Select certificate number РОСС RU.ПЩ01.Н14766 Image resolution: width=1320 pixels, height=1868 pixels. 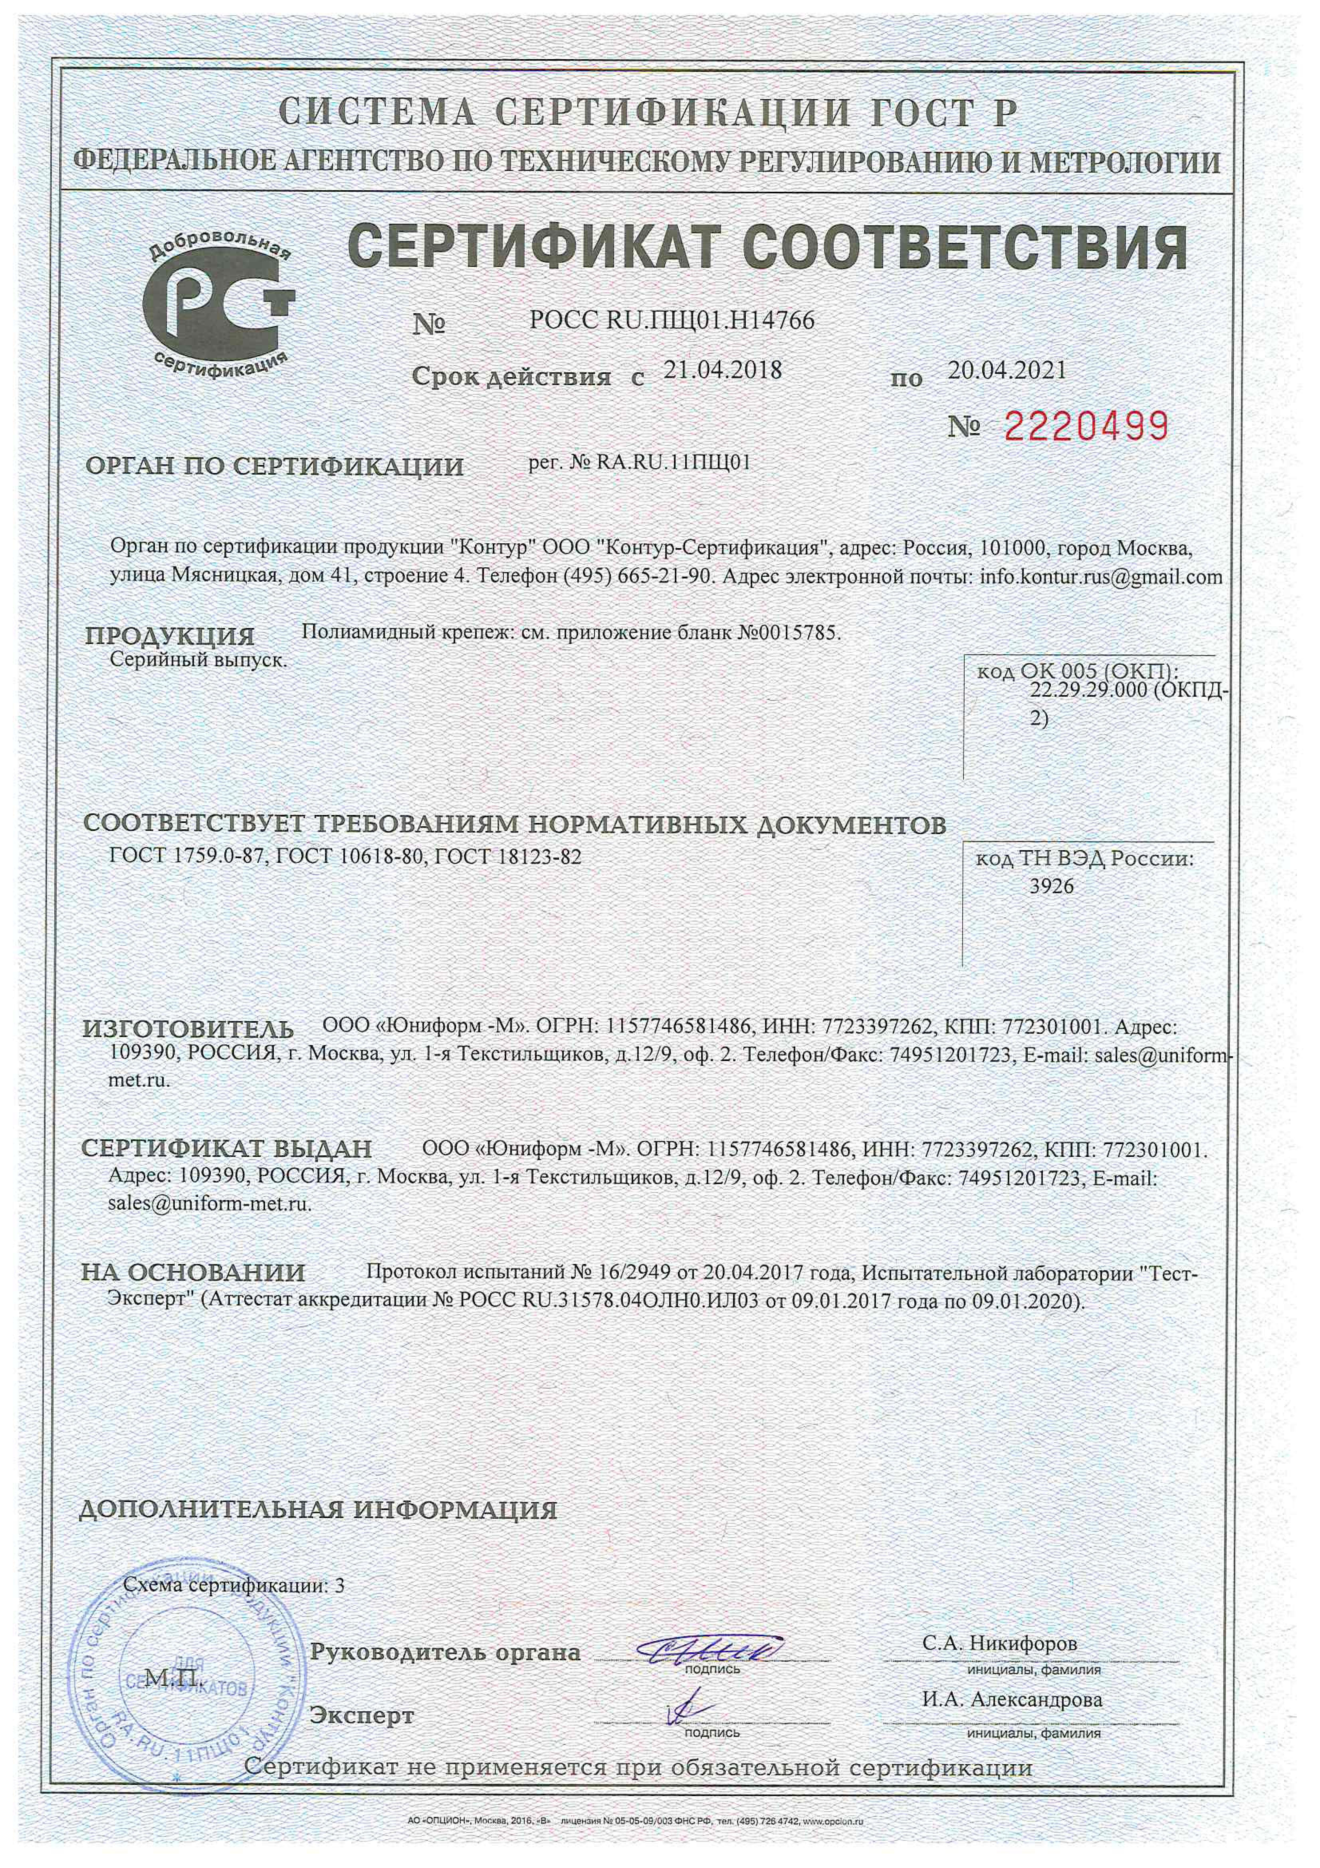click(x=672, y=321)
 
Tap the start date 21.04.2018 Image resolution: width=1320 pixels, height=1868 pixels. click(x=722, y=371)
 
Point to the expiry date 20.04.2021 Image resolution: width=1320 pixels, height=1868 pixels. click(x=1007, y=371)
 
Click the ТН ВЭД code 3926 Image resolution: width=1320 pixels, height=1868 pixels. click(x=1052, y=886)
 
